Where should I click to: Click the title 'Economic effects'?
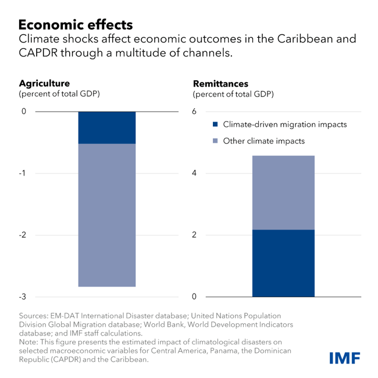coord(76,25)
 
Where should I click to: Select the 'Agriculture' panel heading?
coord(44,83)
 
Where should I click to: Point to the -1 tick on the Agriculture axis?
coord(23,173)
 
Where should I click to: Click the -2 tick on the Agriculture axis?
coord(23,235)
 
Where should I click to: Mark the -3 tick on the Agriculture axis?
coord(23,297)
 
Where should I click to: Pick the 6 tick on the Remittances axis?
coord(195,112)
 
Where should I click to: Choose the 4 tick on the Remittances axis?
coord(195,173)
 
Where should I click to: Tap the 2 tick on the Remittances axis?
coord(195,235)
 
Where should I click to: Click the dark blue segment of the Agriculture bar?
coord(106,127)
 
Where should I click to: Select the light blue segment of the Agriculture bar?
coord(106,215)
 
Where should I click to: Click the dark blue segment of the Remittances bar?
coord(283,263)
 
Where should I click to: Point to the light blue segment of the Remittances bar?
coord(283,192)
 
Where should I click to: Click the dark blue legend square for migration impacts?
coord(215,124)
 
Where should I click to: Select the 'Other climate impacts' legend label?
coord(263,141)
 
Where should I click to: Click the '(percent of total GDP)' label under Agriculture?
coord(59,94)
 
